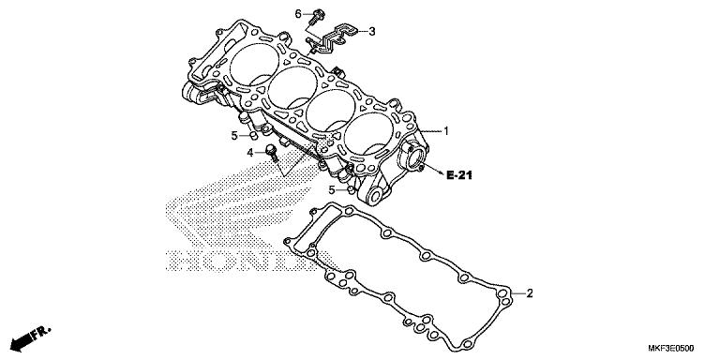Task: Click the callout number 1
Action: coord(447,132)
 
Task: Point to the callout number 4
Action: coord(251,152)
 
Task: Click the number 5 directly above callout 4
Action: coord(235,136)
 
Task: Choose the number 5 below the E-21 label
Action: coord(331,190)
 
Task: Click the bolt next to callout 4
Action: coord(272,151)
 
